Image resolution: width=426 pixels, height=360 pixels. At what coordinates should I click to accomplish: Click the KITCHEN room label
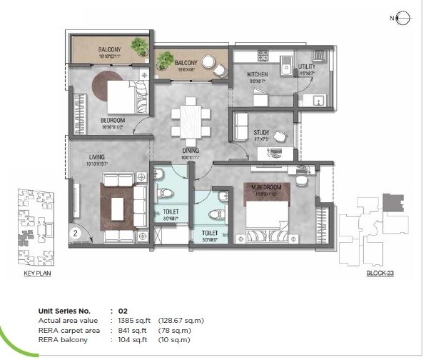257,74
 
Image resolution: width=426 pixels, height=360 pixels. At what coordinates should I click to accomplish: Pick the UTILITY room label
307,66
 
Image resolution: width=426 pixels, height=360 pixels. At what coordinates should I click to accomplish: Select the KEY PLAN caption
36,274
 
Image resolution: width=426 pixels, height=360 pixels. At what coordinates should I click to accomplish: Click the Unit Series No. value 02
122,311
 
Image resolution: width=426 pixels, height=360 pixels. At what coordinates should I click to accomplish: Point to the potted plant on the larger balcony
140,47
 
